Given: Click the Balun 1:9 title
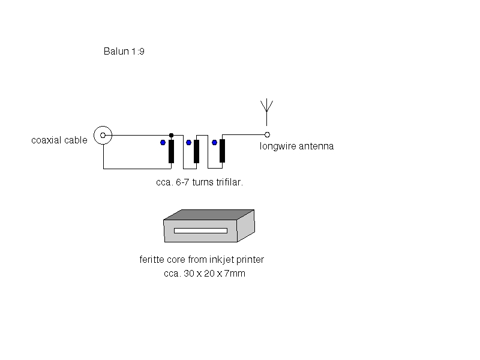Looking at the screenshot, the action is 124,51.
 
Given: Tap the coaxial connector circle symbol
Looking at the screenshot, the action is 103,135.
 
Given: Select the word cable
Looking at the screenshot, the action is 76,140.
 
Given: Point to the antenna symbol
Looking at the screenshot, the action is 266,112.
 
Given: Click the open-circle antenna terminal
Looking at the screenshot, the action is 267,134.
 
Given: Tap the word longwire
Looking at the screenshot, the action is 278,146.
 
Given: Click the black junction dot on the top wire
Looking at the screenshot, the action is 172,136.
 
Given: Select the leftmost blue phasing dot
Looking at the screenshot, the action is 163,142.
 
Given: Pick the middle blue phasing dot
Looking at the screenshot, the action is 188,142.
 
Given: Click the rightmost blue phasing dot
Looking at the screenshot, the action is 214,142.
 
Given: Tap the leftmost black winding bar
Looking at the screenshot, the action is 172,152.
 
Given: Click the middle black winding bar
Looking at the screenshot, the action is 197,152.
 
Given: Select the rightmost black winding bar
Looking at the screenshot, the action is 222,151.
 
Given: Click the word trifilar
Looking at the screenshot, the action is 230,182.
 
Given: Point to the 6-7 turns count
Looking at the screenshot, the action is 194,182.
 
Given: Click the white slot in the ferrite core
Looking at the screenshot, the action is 200,230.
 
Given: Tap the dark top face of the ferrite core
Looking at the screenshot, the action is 209,215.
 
